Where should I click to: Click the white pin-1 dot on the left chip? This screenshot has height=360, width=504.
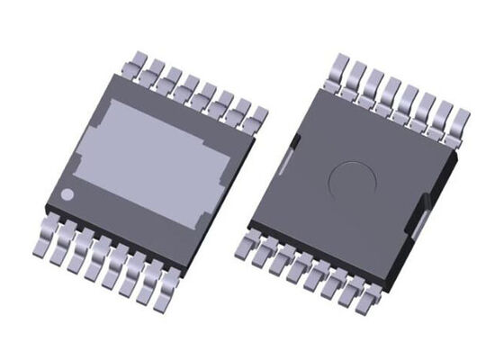coord(67,195)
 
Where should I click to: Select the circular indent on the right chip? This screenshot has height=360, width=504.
coord(348,183)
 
